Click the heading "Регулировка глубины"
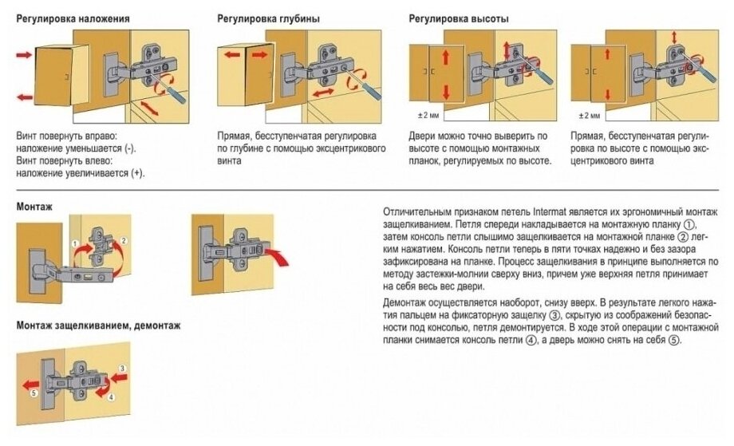coord(270,18)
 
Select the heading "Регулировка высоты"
coord(458,18)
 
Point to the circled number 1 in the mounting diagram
coord(73,243)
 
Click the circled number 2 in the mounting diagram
coord(125,240)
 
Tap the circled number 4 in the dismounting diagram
coord(111,397)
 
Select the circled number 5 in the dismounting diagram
coord(33,393)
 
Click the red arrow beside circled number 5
coord(33,381)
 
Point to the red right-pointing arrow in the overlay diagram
coord(25,56)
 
